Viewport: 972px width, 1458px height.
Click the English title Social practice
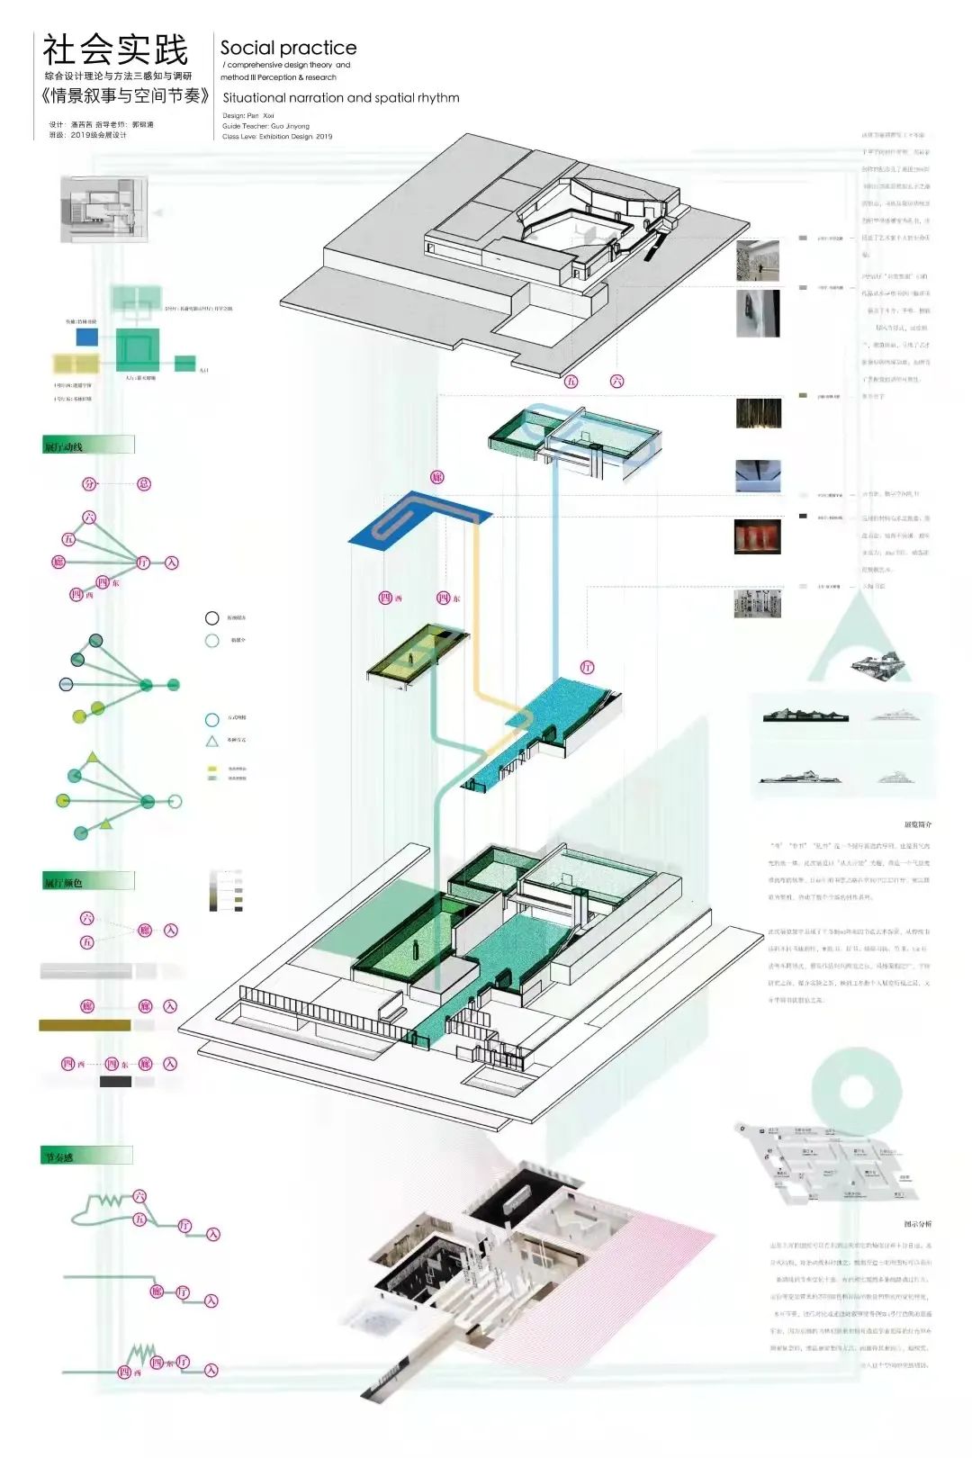288,48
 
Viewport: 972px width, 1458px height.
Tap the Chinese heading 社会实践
115,49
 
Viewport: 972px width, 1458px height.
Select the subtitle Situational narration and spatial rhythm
340,97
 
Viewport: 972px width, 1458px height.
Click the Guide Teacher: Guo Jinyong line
265,126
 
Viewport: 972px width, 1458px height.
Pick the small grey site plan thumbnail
103,209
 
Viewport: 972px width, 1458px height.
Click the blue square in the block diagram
86,337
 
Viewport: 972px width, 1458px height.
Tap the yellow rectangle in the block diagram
76,364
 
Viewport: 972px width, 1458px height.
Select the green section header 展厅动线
88,445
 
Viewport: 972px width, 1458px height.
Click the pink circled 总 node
144,484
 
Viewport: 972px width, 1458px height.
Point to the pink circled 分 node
89,484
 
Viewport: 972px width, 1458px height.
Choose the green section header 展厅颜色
88,881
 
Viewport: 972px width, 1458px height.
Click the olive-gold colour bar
85,1025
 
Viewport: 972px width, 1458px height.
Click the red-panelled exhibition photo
757,536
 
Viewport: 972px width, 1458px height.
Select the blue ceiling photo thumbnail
757,476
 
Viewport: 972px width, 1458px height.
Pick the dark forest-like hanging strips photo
758,413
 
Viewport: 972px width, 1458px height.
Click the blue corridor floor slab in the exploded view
419,522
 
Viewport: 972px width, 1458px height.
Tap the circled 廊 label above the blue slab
437,477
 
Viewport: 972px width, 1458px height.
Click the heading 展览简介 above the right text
917,824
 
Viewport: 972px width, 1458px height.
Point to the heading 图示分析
917,1224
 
